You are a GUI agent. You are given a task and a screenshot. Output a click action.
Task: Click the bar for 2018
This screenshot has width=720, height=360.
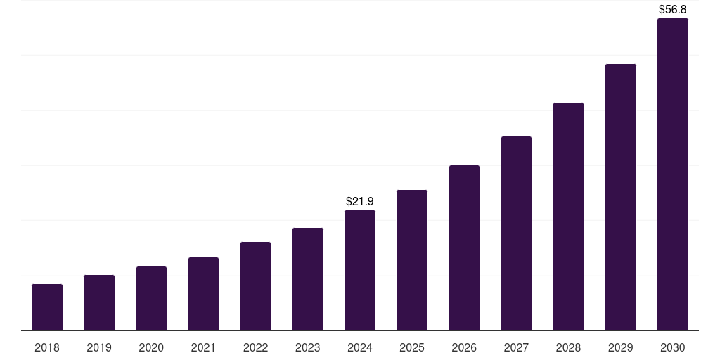[x=47, y=307]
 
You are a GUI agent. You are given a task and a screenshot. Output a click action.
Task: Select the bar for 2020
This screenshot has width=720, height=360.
[x=151, y=299]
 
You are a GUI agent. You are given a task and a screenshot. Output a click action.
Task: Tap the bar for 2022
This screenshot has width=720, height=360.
[x=255, y=286]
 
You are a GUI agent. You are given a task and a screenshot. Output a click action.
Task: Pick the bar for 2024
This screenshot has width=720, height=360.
[x=360, y=271]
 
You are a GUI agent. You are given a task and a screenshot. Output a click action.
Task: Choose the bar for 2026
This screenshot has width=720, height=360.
[x=464, y=248]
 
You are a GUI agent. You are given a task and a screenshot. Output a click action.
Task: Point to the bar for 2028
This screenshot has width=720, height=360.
[x=568, y=217]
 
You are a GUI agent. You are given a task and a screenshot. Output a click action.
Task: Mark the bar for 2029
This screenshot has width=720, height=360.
[x=621, y=198]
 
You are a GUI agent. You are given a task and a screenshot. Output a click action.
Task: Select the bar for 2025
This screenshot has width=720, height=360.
[x=412, y=260]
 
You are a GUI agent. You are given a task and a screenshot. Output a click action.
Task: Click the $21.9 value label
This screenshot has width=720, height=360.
[x=360, y=202]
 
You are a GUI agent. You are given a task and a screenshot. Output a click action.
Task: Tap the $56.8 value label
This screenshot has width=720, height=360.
[x=673, y=10]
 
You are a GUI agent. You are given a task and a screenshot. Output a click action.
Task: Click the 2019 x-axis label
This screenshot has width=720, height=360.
[x=99, y=348]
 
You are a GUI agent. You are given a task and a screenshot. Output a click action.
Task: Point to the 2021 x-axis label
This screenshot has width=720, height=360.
[x=203, y=348]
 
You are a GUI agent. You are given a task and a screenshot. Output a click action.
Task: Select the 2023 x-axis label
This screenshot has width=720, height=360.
[x=308, y=348]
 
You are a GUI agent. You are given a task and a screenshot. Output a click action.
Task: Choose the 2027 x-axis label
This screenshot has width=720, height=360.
[x=516, y=348]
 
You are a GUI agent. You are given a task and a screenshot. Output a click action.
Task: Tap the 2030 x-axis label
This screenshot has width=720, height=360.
[x=673, y=348]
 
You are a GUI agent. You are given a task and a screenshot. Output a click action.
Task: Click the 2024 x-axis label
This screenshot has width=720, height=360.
[x=360, y=348]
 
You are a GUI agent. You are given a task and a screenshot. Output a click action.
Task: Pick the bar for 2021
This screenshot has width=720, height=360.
[x=203, y=294]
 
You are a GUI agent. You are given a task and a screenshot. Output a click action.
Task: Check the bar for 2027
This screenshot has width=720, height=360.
[x=516, y=233]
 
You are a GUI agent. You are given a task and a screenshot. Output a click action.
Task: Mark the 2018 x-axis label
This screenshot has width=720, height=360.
[x=47, y=348]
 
